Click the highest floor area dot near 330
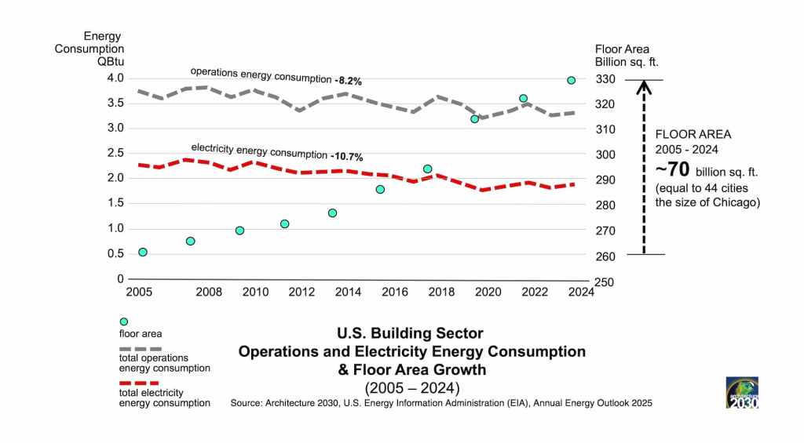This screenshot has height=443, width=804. pos(572,80)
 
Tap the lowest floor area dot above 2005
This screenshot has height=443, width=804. pos(143,252)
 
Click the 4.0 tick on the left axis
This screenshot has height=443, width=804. pos(115,78)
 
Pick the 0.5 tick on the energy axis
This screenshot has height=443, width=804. pos(115,253)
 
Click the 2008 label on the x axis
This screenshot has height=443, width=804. pos(209,292)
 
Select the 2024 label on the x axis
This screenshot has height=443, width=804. pos(581,292)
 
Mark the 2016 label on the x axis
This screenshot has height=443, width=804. pos(395,292)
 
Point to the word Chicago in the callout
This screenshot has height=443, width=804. pos(734,202)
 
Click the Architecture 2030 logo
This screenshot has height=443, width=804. pos(741,392)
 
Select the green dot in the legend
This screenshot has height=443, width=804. pos(123,321)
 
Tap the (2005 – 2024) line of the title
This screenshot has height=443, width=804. pos(411,387)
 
